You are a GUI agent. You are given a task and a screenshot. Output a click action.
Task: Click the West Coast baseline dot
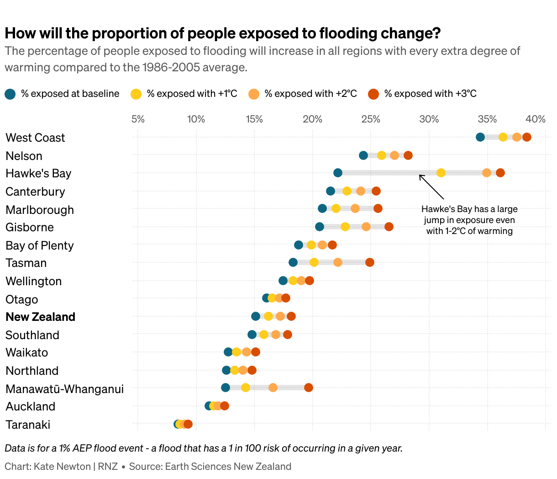(480, 137)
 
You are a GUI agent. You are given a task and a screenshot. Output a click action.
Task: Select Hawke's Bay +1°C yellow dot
(441, 173)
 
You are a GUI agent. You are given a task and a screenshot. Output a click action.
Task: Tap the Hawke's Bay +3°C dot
(500, 173)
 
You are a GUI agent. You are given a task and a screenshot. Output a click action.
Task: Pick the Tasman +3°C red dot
(370, 262)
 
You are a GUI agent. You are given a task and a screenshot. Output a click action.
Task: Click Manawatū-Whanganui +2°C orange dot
(273, 388)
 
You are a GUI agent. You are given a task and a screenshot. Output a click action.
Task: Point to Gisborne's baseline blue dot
(320, 227)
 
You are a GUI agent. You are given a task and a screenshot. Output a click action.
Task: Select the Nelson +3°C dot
(408, 155)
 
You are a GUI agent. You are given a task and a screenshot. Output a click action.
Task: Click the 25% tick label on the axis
(371, 119)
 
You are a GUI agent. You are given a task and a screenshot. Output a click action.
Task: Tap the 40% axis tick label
(536, 119)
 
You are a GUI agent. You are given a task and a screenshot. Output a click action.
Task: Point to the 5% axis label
(138, 119)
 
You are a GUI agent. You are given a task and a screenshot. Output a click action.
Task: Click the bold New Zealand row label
(40, 317)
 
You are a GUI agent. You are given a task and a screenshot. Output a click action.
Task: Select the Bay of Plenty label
(39, 245)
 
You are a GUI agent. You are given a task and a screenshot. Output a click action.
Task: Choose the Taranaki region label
(28, 425)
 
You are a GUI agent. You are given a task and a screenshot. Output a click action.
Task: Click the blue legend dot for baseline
(10, 94)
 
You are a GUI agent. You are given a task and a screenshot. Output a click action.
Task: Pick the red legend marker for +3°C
(373, 94)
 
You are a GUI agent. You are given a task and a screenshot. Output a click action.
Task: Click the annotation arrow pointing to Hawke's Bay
(431, 186)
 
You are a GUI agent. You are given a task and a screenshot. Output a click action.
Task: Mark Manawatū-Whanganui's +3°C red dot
(309, 388)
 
